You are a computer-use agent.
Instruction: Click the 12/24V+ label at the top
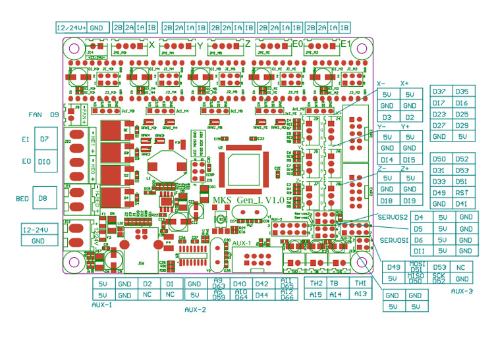point(70,28)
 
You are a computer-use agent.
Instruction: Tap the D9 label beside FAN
point(55,115)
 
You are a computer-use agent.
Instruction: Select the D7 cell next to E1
point(44,140)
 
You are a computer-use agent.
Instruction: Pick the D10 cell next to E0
point(44,161)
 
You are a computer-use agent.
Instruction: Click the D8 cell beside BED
point(43,197)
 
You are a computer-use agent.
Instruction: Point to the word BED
point(22,197)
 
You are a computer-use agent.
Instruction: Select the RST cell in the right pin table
point(462,192)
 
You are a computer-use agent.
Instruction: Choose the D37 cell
point(439,91)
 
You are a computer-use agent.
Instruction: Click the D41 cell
point(462,203)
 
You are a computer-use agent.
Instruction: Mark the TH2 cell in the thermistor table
point(316,283)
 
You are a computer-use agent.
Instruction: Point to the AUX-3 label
point(462,290)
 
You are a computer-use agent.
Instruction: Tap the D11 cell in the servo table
point(420,251)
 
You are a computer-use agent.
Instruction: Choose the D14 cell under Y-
point(387,160)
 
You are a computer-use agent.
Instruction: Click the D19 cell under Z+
point(409,201)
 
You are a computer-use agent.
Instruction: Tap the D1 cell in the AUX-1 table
point(170,284)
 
